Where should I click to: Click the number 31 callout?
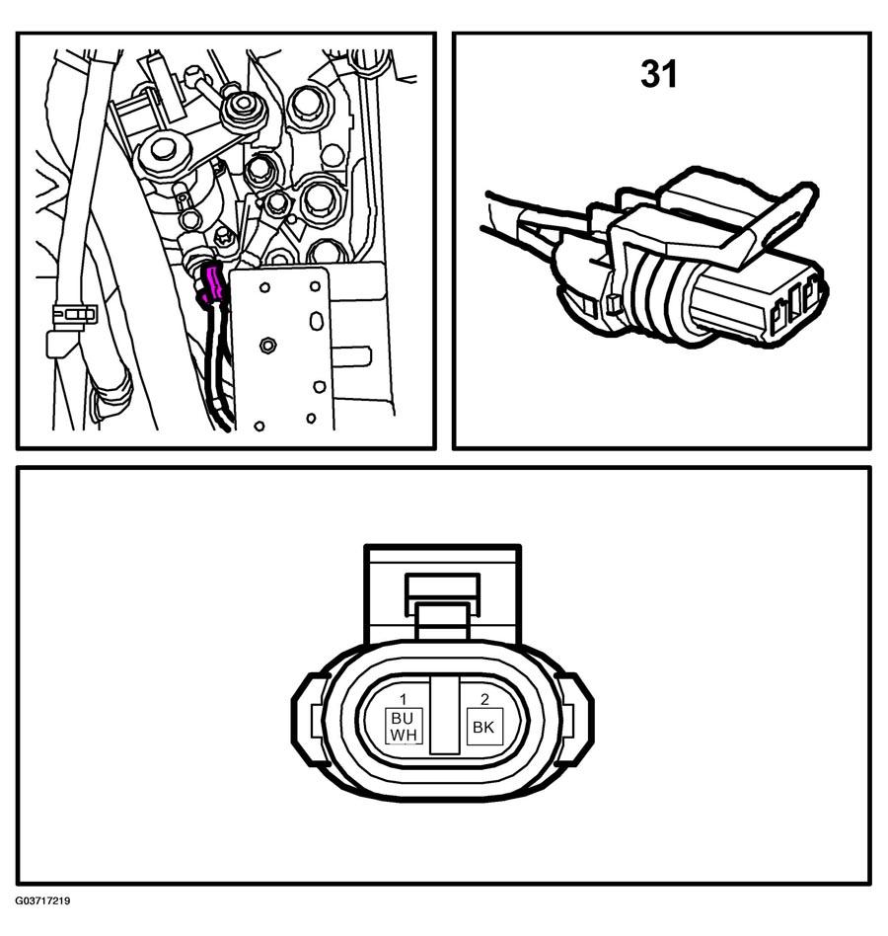pos(659,74)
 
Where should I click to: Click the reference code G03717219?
pos(43,900)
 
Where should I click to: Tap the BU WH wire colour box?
pos(404,726)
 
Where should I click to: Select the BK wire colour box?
pos(484,727)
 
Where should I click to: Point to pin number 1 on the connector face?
pos(404,699)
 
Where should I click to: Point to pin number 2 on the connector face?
pos(484,699)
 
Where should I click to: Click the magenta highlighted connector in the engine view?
pos(212,285)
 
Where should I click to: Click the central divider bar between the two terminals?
pos(444,715)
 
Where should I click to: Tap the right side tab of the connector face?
pos(575,719)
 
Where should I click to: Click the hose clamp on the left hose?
pos(75,314)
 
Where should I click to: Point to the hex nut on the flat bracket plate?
pos(267,345)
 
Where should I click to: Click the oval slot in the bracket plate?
pos(316,320)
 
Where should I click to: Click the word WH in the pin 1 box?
pos(404,735)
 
